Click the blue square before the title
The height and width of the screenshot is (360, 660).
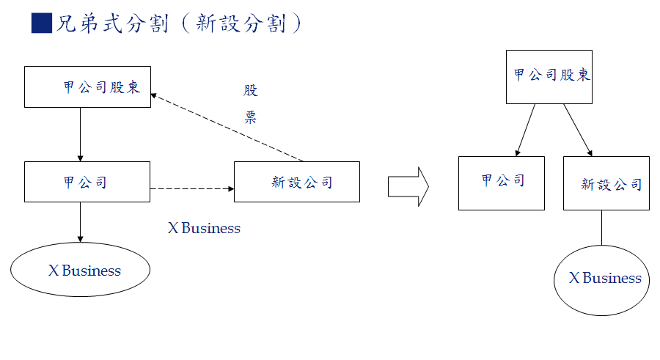coord(41,23)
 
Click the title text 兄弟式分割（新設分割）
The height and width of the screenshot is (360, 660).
coord(179,23)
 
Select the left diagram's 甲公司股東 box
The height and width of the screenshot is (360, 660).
coord(87,87)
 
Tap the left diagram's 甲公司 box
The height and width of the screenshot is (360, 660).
coord(87,182)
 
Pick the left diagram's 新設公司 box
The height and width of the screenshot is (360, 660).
coord(297,182)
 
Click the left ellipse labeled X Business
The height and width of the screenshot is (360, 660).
coord(81,270)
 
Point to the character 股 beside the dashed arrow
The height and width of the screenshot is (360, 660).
coord(251,91)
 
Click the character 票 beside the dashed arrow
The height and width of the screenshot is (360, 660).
coord(251,118)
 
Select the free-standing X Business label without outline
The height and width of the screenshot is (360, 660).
coord(204,228)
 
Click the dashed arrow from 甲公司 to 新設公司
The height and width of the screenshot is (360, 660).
coord(192,189)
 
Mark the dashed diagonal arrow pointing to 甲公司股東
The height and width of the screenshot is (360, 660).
coord(227,128)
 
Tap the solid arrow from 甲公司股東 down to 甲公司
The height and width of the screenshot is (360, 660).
coord(80,134)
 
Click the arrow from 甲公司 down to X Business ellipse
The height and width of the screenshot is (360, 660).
coord(80,221)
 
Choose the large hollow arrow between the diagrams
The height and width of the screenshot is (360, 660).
coord(408,186)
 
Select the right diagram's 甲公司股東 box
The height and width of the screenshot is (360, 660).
coord(548,76)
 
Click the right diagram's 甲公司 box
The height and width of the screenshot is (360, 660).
coord(502,183)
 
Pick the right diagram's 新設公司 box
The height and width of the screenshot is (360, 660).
coord(606,183)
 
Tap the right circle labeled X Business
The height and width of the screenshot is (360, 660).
coord(601,280)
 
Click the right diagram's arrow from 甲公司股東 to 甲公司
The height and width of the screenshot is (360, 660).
coord(526,130)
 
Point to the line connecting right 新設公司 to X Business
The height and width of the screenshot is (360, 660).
coord(601,227)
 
